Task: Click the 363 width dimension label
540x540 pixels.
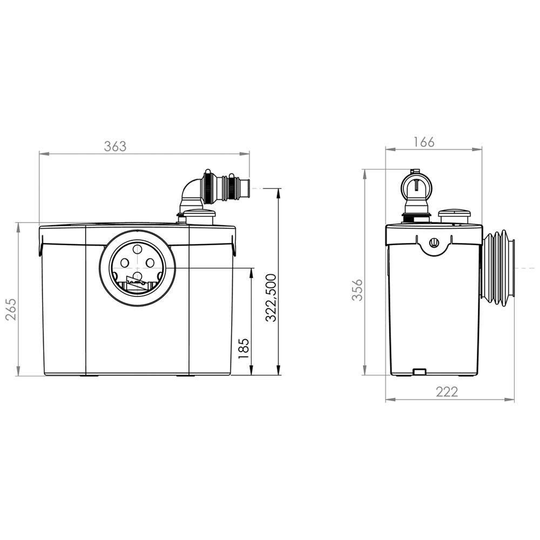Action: pos(116,146)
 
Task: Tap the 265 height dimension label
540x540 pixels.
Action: pos(12,309)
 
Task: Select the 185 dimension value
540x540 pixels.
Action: pos(244,348)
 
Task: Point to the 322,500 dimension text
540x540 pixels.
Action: pos(271,298)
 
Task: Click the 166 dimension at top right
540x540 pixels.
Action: pos(424,142)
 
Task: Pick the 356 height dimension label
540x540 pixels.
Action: pos(358,289)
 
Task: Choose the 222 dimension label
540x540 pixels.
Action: pos(447,391)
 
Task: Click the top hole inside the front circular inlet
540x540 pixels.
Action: pos(137,249)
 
